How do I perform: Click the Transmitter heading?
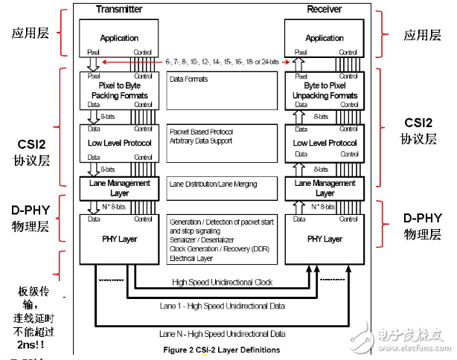(120, 8)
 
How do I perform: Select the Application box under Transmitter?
(120, 37)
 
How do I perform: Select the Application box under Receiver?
(325, 37)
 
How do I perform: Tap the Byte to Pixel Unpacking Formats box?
(325, 90)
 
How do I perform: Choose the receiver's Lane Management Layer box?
(325, 187)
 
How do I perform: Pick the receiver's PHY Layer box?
(325, 239)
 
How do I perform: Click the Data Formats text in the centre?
(188, 78)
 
